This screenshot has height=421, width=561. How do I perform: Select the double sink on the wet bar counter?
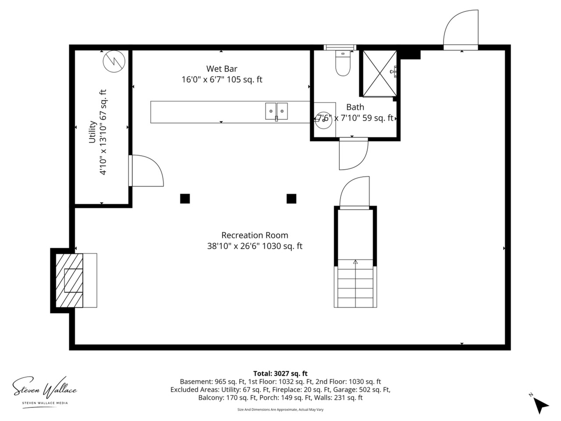[x=276, y=111]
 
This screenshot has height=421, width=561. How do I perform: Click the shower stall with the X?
[x=380, y=73]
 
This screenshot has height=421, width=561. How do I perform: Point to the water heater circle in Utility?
[x=114, y=61]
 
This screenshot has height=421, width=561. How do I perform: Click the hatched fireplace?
[x=69, y=280]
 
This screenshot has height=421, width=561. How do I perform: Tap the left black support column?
[x=185, y=199]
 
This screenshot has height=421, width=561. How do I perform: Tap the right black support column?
[x=291, y=199]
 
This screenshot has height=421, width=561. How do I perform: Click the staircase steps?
[x=355, y=283]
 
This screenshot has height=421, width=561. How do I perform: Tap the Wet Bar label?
[x=222, y=69]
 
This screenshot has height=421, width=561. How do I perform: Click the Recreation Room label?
[x=255, y=235]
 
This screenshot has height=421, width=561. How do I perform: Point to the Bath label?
[x=355, y=107]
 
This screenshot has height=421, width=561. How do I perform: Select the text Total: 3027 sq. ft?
[x=280, y=374]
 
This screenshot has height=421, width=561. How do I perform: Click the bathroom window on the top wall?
[x=340, y=47]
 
